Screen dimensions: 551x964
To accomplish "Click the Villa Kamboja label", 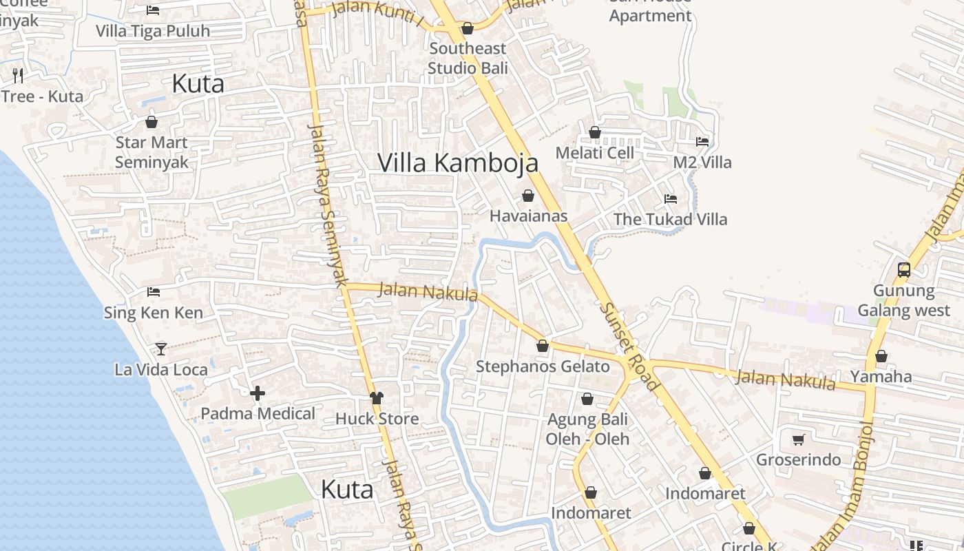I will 458,163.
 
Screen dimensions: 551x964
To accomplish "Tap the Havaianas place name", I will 528,216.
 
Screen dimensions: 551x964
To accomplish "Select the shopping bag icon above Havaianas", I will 528,196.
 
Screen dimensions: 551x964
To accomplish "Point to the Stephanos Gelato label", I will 543,366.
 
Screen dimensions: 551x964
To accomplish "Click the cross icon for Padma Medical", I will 258,393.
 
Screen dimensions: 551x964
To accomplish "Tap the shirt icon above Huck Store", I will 376,397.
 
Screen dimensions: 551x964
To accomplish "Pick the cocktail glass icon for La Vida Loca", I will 161,349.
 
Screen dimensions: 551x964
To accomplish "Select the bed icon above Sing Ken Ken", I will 154,292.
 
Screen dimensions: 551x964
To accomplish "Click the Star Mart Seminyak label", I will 151,152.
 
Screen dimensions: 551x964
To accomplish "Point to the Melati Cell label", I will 595,153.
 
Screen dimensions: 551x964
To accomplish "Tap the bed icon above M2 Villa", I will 702,141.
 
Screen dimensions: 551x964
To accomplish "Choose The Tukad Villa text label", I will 670,220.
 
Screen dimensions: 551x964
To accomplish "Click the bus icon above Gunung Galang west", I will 904,270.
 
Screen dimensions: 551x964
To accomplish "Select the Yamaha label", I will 881,377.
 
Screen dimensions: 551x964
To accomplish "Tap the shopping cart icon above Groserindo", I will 799,439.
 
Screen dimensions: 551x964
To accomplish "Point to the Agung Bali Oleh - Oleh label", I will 587,429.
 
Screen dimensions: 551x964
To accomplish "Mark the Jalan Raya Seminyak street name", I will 326,203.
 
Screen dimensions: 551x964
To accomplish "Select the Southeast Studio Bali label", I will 468,59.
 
